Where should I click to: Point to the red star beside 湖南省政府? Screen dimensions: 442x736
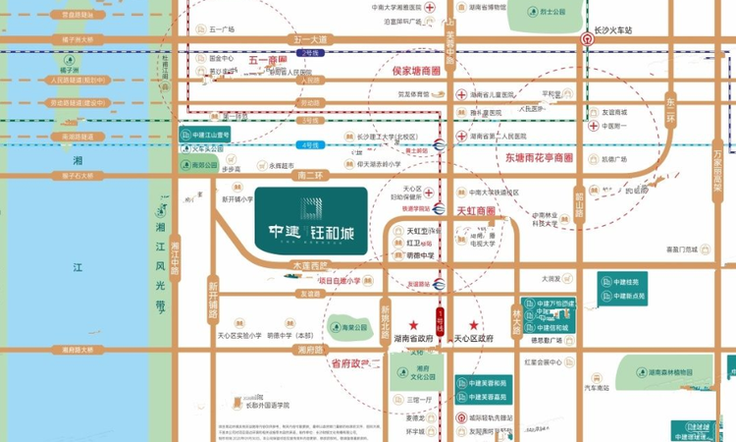point(413,324)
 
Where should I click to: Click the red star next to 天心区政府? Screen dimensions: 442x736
point(474,324)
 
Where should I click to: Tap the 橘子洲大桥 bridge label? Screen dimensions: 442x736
point(78,40)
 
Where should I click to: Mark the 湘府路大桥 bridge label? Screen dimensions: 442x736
point(78,349)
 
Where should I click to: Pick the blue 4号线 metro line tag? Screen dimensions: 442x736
point(311,144)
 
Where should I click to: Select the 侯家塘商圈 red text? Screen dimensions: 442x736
point(419,71)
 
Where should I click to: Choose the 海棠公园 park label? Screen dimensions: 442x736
point(348,327)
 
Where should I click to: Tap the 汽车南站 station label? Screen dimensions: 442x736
point(598,389)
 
